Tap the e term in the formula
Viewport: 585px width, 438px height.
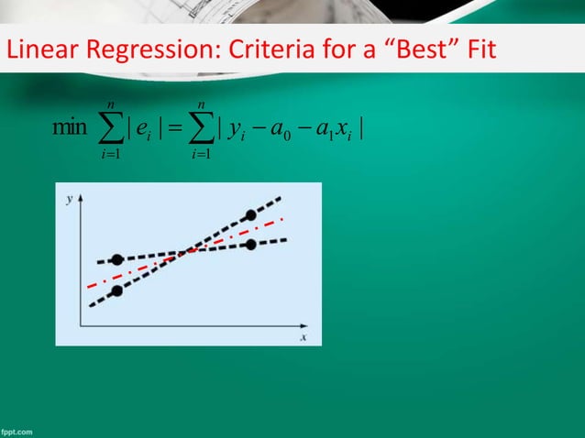[x=144, y=126]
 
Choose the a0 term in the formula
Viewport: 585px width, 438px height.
[x=283, y=126]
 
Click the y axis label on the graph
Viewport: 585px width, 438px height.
[x=70, y=197]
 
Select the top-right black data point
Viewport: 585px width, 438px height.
[x=251, y=215]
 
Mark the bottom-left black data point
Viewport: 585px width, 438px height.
[x=116, y=291]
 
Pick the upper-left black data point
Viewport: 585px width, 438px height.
[x=116, y=260]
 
